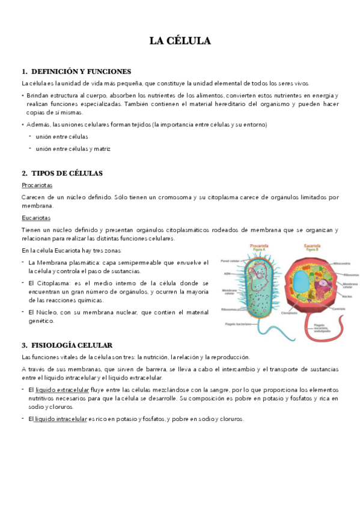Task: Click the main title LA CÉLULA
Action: tap(180, 41)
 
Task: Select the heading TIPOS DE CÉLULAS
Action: tap(67, 173)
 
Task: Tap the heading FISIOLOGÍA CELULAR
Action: tap(71, 345)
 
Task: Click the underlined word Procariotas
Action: tap(37, 185)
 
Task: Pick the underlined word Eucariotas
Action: tap(36, 218)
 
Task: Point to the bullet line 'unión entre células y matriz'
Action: tap(73, 149)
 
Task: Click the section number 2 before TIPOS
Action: tap(23, 173)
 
